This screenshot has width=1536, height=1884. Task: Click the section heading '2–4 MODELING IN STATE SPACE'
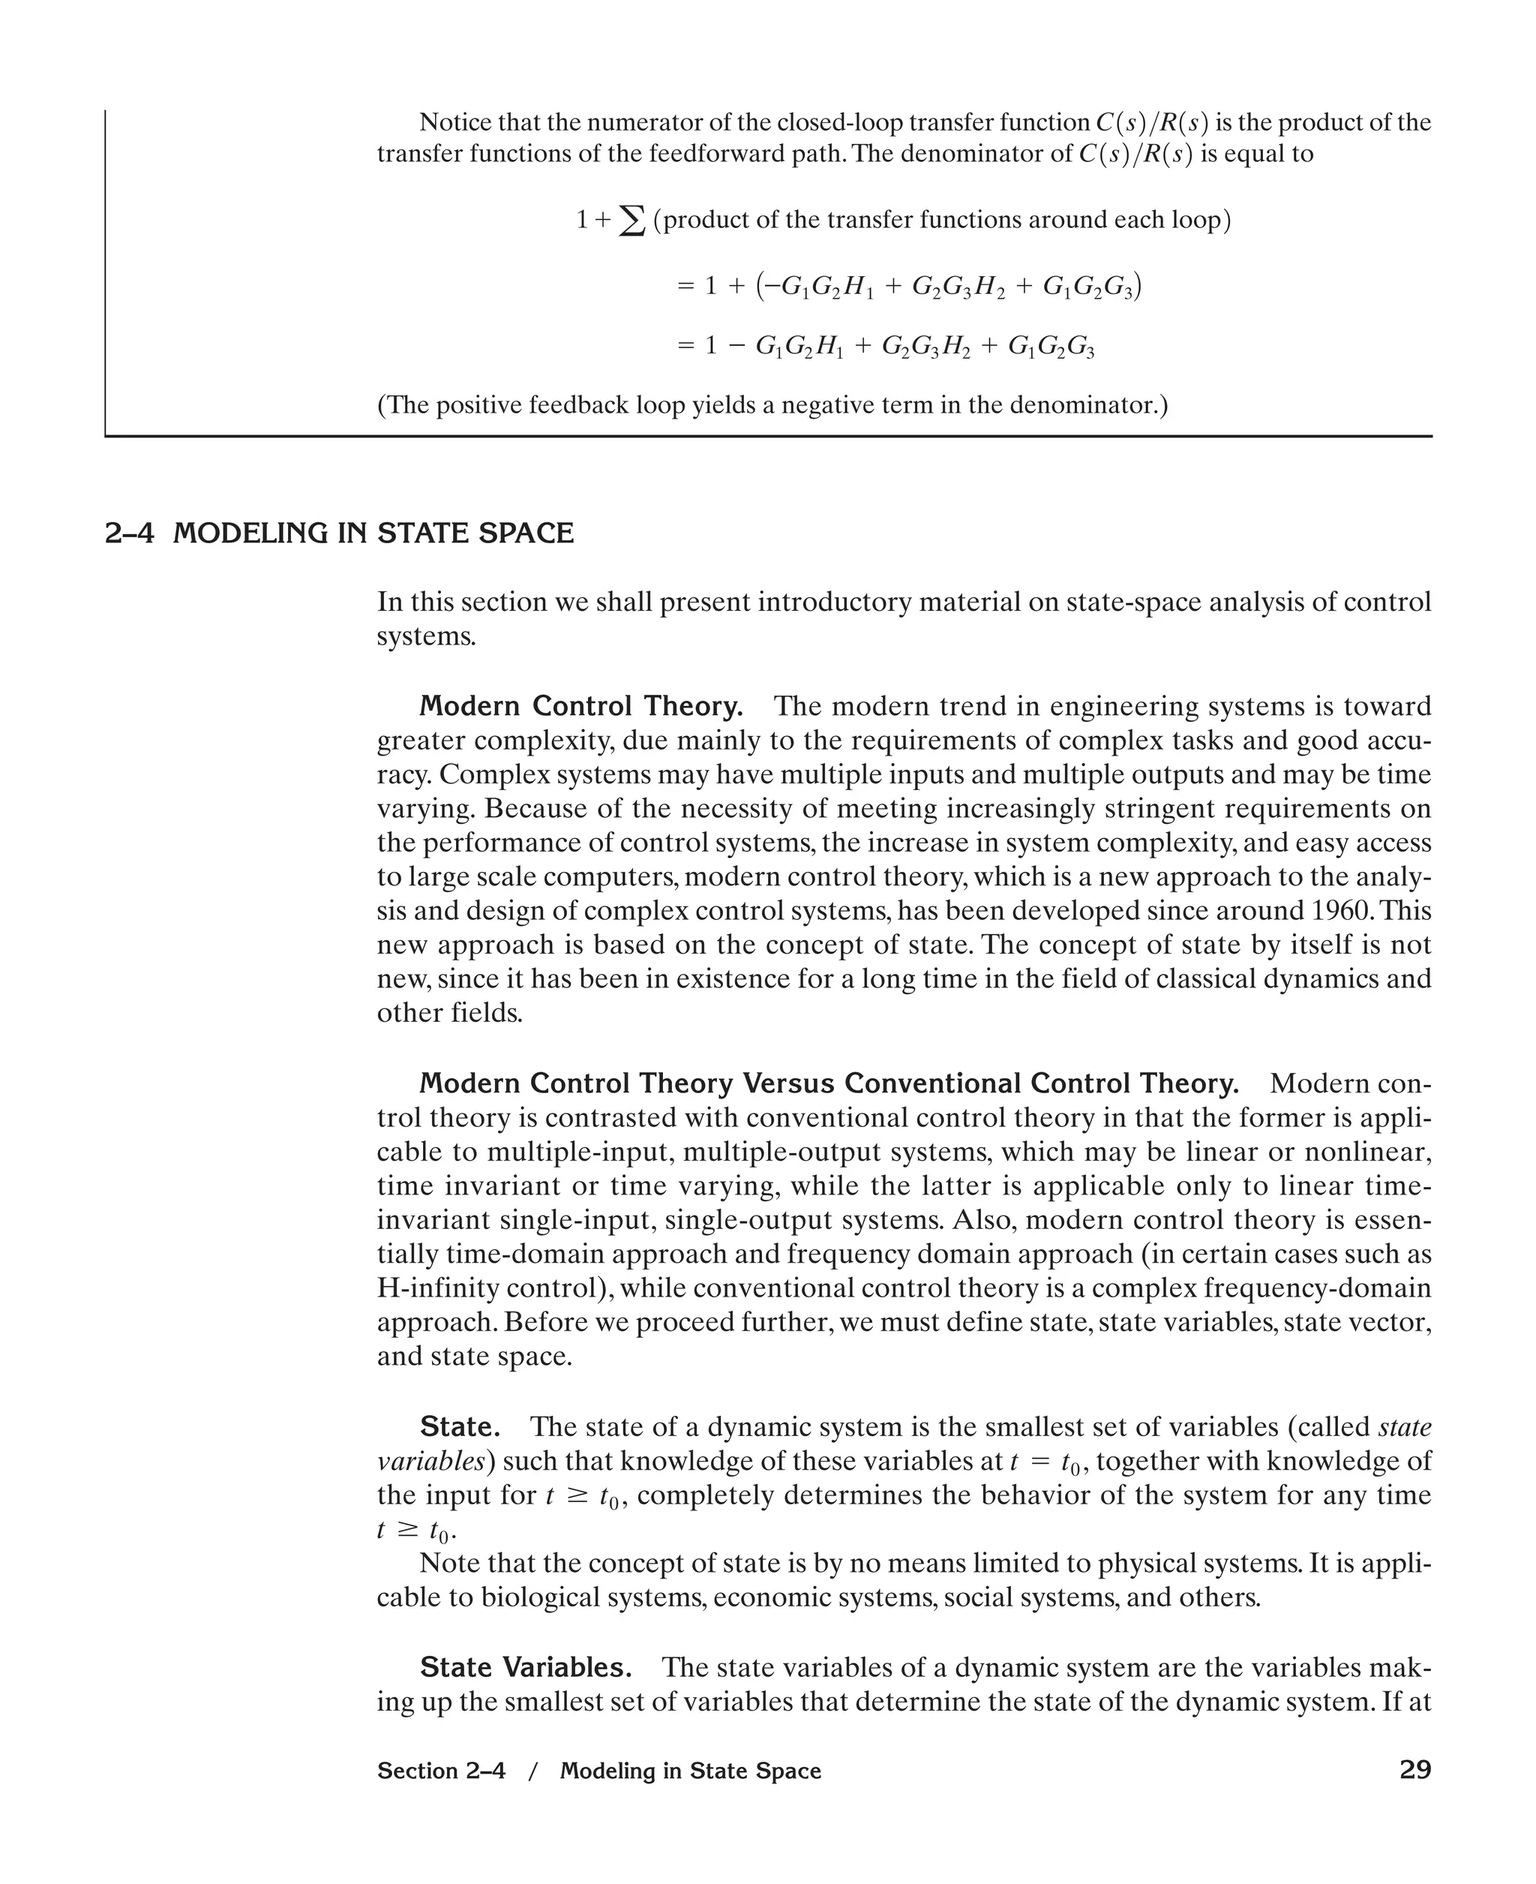[x=339, y=533]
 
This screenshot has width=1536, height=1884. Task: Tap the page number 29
[x=1414, y=1770]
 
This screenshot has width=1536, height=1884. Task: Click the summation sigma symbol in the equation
[x=631, y=221]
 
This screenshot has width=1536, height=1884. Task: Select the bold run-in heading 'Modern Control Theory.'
[x=580, y=706]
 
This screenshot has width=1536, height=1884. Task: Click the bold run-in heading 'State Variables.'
[x=526, y=1667]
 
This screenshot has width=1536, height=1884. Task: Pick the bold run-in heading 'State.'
[x=459, y=1426]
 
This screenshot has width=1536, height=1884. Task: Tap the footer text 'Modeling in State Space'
[x=690, y=1771]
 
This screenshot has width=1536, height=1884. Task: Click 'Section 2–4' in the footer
[x=441, y=1771]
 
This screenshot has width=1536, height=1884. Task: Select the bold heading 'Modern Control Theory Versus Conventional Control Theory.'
[x=828, y=1083]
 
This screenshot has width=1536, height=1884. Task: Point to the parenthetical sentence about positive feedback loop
[x=772, y=405]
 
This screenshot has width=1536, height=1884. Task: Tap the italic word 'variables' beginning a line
[x=430, y=1461]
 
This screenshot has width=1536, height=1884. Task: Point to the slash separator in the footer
[x=532, y=1771]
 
